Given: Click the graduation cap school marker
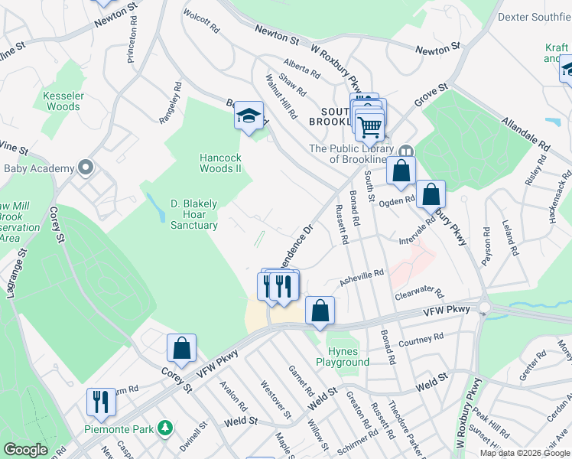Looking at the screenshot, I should pos(248,116).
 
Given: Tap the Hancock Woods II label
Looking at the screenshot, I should pos(221,162).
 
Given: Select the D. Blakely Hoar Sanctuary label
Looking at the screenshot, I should pos(193,214).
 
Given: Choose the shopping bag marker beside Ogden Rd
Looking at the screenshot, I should pos(431,194).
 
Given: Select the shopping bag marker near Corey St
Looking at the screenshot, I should pos(182,348).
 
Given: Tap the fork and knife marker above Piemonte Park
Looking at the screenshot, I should pos(100,400).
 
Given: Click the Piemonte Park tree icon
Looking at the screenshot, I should pos(164,427).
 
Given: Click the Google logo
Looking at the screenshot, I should pos(25,450).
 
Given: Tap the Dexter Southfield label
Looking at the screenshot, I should pos(535,16).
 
